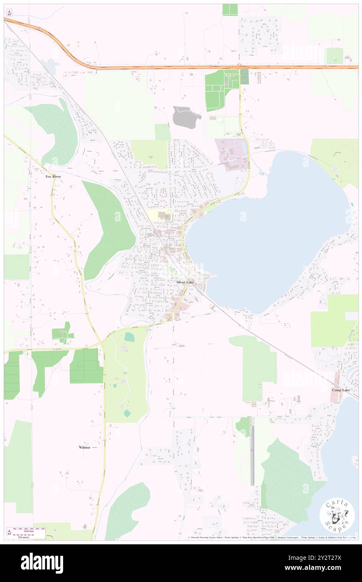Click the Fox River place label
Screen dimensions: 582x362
tap(53, 177)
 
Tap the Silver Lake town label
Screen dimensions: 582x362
tap(185, 283)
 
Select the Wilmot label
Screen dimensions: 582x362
tap(84, 447)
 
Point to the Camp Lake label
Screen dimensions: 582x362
tap(341, 390)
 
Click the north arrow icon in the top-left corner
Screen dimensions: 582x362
tap(9, 12)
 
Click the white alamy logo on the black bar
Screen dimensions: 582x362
tap(42, 563)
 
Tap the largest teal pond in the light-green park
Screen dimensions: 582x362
tap(130, 337)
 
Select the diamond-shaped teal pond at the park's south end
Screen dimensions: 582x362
tap(127, 413)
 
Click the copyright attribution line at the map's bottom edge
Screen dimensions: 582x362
tap(272, 538)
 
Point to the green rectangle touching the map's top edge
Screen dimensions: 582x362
tap(230, 10)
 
